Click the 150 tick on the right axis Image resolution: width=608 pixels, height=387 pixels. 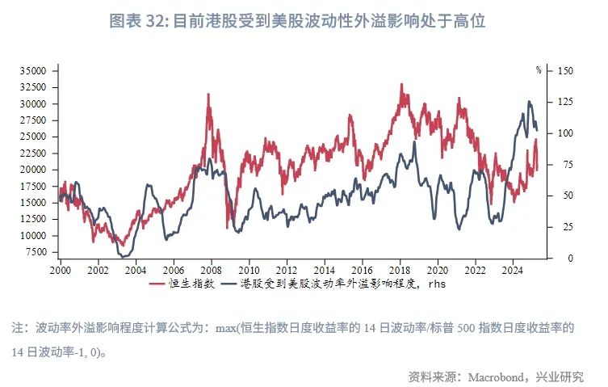(x=564, y=71)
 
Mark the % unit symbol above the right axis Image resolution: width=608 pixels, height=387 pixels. (x=539, y=70)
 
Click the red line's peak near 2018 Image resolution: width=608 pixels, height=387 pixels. (x=401, y=84)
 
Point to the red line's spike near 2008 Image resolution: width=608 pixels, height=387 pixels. (x=208, y=95)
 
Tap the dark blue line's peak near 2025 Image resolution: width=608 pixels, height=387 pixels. (x=529, y=102)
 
